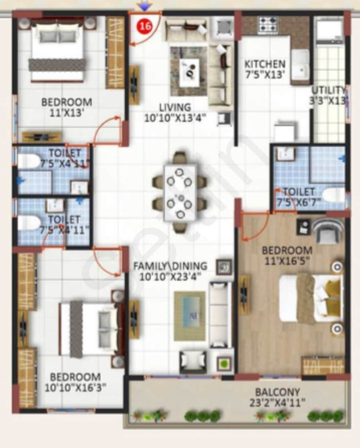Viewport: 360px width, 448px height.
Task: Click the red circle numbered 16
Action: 145,26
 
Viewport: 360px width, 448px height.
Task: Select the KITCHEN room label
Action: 265,64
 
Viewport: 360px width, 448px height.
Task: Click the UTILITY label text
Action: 328,90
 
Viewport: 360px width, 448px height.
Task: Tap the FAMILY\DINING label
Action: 170,266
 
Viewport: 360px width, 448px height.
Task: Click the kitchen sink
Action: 300,64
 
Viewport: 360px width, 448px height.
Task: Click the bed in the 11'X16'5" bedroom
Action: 310,297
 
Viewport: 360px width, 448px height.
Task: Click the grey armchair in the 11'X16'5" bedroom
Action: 328,231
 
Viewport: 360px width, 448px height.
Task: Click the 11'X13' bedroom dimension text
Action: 66,112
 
